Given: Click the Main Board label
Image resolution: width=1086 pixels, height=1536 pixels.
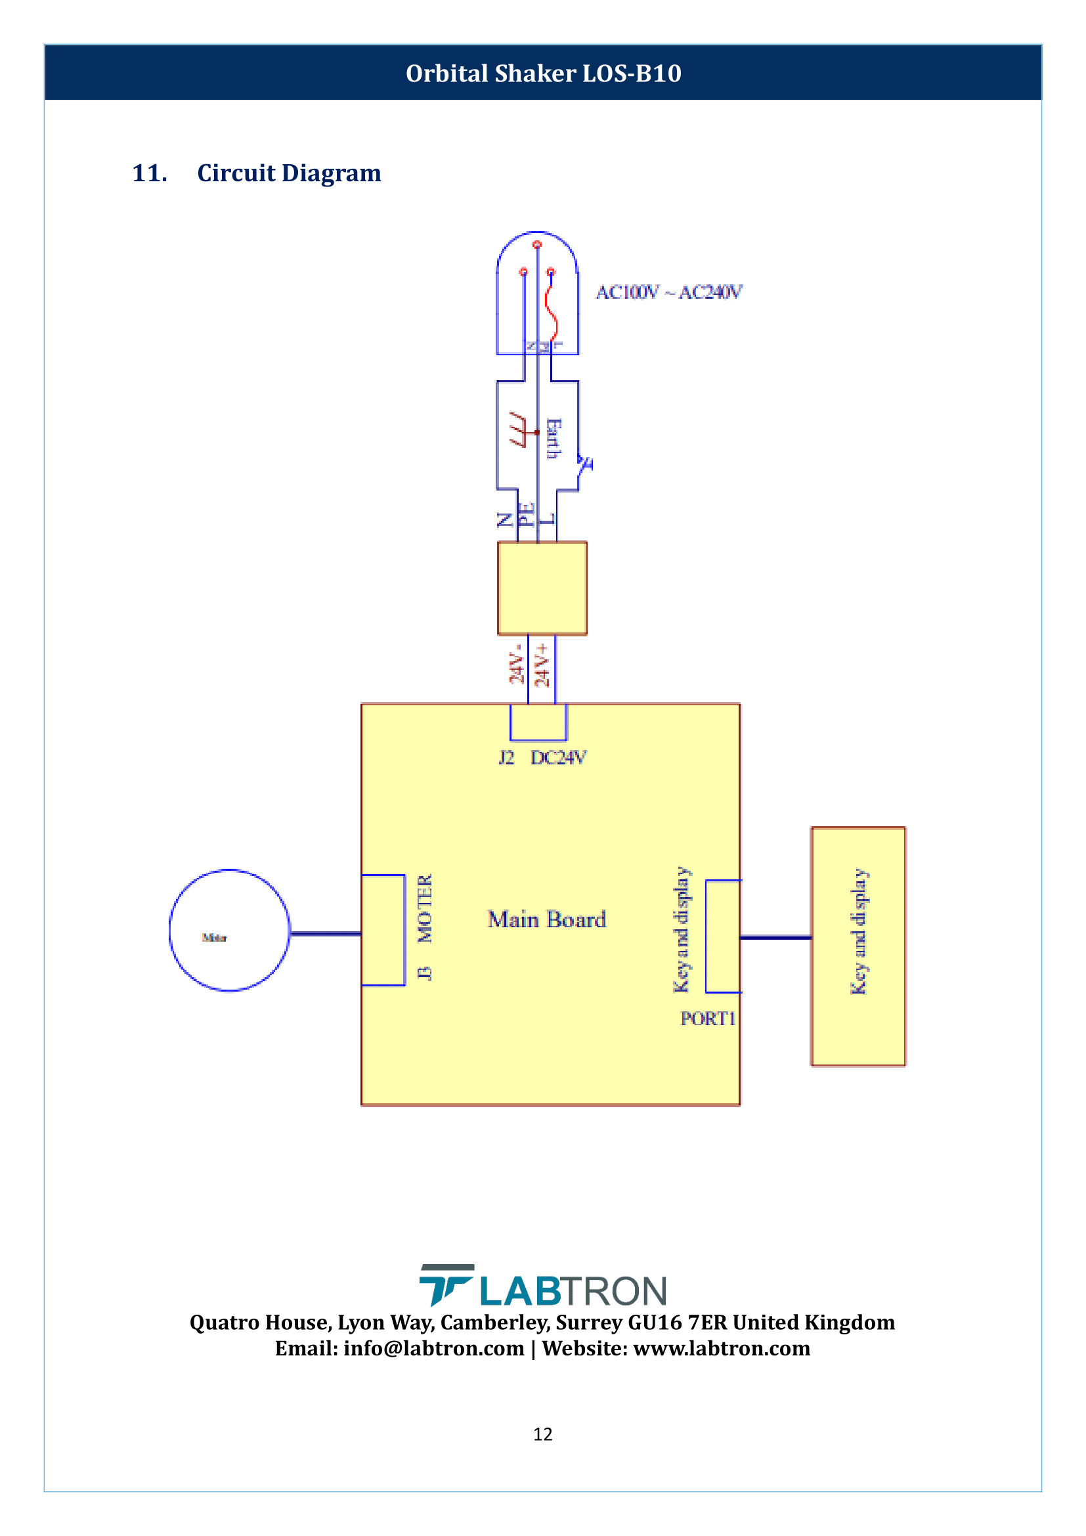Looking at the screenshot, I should (x=546, y=919).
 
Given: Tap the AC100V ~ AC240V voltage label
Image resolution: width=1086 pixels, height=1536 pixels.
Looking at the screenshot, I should (x=668, y=292).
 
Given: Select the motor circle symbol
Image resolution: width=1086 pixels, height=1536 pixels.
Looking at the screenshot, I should (x=229, y=930).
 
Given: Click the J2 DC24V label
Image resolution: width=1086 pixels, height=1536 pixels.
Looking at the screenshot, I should (x=542, y=757).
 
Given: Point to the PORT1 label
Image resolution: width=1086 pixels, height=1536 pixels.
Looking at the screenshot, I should (x=708, y=1019).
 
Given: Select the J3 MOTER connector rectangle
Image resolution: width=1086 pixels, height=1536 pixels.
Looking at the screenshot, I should (x=383, y=930).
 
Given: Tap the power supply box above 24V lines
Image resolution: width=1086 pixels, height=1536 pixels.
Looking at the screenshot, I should (x=542, y=588).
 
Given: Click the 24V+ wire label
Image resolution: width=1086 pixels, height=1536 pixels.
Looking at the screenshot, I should (x=542, y=666).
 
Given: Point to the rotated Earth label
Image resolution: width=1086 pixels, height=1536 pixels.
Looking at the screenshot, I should (x=554, y=439).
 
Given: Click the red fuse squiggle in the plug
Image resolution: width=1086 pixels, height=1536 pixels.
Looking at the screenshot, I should (x=552, y=311).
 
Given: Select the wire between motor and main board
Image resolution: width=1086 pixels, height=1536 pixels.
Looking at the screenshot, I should (x=326, y=933).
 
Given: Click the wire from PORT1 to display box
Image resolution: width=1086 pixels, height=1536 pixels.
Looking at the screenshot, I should (x=775, y=938).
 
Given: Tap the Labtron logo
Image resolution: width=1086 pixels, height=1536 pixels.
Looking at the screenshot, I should (x=542, y=1286).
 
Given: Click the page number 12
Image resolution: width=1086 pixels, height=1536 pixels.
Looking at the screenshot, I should (x=542, y=1434).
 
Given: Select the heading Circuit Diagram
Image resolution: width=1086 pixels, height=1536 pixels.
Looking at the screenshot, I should (x=289, y=173).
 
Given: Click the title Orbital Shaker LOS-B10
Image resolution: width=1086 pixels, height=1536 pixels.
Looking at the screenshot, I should (x=543, y=74).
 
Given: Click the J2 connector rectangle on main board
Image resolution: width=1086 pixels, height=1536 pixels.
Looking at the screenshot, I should (x=538, y=722).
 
